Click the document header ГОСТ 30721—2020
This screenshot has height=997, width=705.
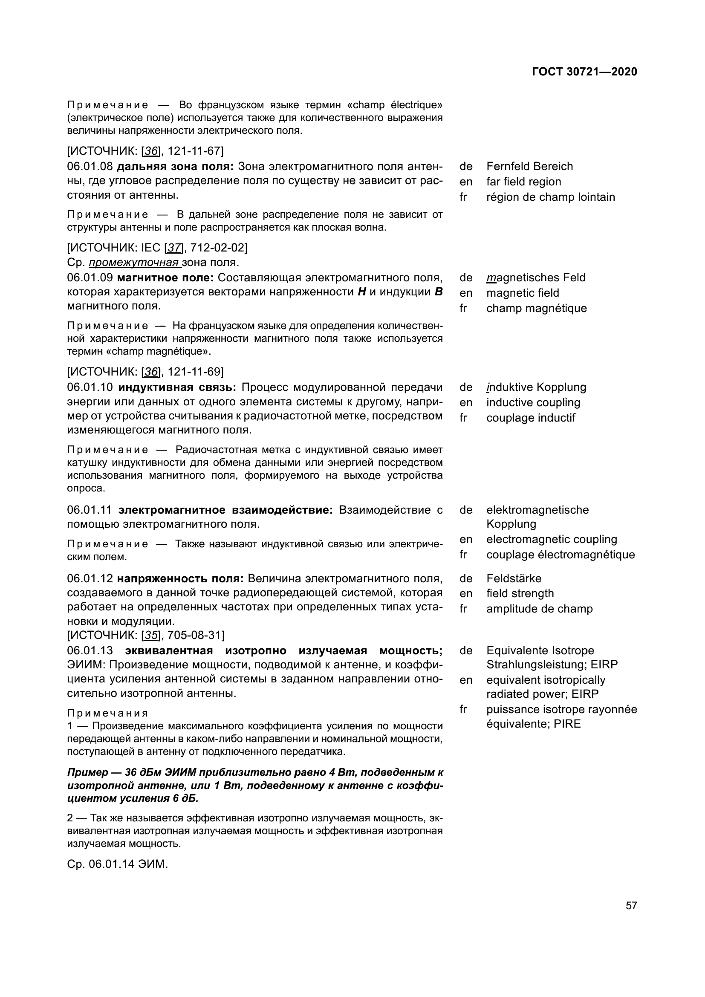pyautogui.click(x=584, y=72)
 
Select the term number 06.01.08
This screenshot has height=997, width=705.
pyautogui.click(x=90, y=167)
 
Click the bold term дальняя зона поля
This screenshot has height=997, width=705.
pyautogui.click(x=175, y=167)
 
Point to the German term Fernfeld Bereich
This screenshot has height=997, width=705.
pyautogui.click(x=529, y=166)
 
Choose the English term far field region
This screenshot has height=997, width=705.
pyautogui.click(x=523, y=182)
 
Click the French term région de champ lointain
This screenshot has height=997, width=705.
pyautogui.click(x=550, y=197)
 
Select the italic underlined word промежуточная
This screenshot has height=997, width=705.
pyautogui.click(x=134, y=263)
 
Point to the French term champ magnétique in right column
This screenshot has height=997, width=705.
pyautogui.click(x=536, y=308)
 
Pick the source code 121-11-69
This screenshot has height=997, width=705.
pyautogui.click(x=195, y=372)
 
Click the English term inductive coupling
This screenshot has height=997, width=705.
pyautogui.click(x=533, y=402)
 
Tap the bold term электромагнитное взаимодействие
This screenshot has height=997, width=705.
pyautogui.click(x=225, y=510)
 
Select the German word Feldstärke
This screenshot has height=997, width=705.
pyautogui.click(x=514, y=578)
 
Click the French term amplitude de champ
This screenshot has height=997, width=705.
pyautogui.click(x=539, y=609)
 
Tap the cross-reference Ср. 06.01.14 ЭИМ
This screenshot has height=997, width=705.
pyautogui.click(x=117, y=864)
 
